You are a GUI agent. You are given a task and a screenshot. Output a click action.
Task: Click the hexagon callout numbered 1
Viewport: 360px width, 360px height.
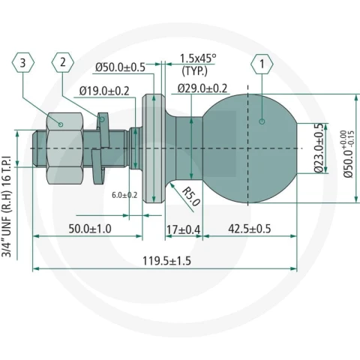click(262, 64)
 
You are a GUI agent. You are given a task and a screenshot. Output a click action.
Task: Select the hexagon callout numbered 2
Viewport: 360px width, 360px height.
click(63, 62)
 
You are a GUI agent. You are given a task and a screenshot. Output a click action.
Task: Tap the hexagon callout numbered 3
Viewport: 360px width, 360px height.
click(23, 62)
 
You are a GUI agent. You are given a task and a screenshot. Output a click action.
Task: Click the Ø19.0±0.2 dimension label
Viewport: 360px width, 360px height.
click(104, 91)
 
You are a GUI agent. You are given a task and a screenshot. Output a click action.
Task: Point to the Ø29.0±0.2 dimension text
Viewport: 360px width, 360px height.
click(202, 88)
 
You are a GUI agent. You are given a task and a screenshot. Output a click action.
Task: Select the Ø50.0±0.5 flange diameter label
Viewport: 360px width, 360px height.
click(120, 67)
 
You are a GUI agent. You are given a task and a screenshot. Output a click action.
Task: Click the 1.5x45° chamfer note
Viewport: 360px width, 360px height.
click(198, 58)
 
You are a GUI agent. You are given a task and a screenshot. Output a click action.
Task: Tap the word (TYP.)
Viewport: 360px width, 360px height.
click(195, 71)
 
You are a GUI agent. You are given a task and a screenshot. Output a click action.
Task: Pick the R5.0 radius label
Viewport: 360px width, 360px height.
click(191, 196)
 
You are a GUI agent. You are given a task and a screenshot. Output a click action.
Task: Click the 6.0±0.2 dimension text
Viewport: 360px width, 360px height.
click(124, 195)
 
